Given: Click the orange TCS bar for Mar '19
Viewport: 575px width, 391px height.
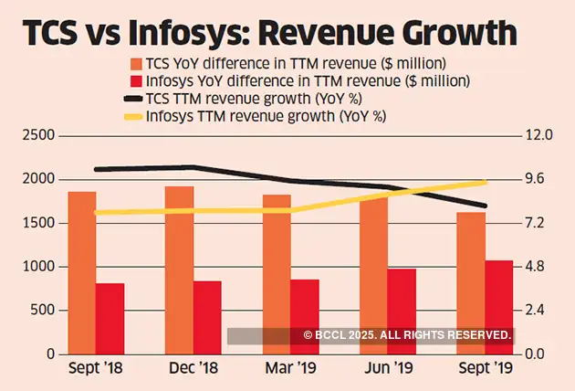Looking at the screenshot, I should [x=277, y=274].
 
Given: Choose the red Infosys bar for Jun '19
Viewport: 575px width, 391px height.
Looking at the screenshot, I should [x=402, y=311].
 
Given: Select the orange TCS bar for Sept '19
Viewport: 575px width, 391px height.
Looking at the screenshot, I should [x=471, y=282].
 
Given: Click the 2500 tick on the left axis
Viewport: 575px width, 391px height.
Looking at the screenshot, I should [x=39, y=135].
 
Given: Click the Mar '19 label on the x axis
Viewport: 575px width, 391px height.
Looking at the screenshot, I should [x=289, y=371].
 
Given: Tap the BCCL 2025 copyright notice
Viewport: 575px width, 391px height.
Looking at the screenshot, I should [x=405, y=336].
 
